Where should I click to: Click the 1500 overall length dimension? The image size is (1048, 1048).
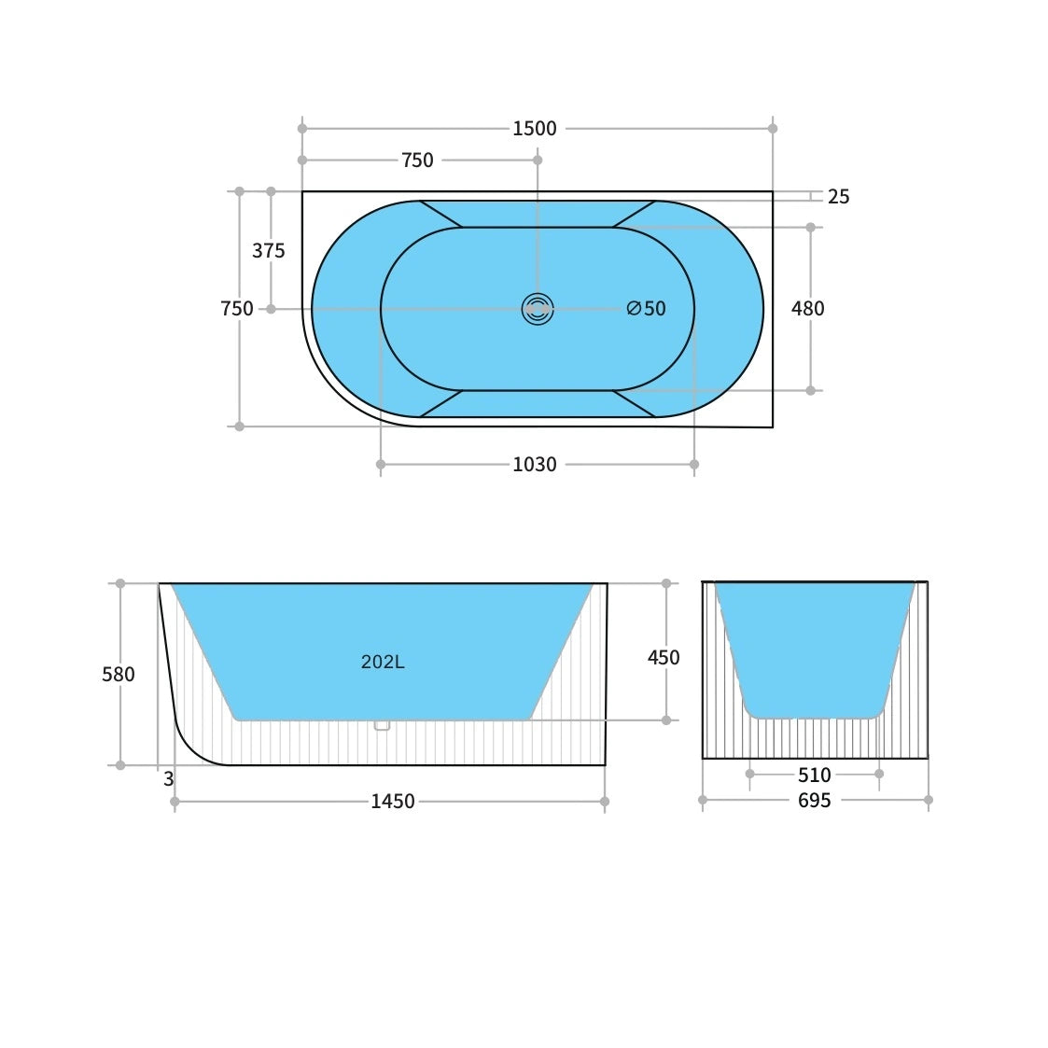(534, 129)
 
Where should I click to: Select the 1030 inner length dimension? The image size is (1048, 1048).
(534, 465)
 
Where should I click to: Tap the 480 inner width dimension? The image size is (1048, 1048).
(807, 309)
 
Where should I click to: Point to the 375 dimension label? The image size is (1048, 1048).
(268, 251)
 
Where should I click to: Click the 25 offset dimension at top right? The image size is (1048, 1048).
(838, 197)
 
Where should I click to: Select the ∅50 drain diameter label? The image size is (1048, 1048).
(646, 309)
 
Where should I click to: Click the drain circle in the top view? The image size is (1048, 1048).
(538, 309)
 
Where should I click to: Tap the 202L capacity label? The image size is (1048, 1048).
(383, 663)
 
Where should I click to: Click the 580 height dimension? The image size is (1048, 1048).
(119, 675)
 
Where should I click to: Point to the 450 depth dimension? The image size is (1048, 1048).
(664, 658)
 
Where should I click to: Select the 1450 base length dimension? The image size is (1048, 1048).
(392, 802)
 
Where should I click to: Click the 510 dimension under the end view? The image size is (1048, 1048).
(814, 775)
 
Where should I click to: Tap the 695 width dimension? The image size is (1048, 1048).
(814, 801)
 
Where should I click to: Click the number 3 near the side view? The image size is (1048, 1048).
(168, 779)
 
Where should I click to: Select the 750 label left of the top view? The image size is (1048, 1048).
(236, 309)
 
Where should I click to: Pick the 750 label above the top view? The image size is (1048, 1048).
(417, 161)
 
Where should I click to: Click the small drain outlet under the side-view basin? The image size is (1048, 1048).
(382, 725)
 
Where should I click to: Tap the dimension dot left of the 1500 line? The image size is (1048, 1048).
(302, 129)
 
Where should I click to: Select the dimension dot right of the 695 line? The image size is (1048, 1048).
(928, 800)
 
